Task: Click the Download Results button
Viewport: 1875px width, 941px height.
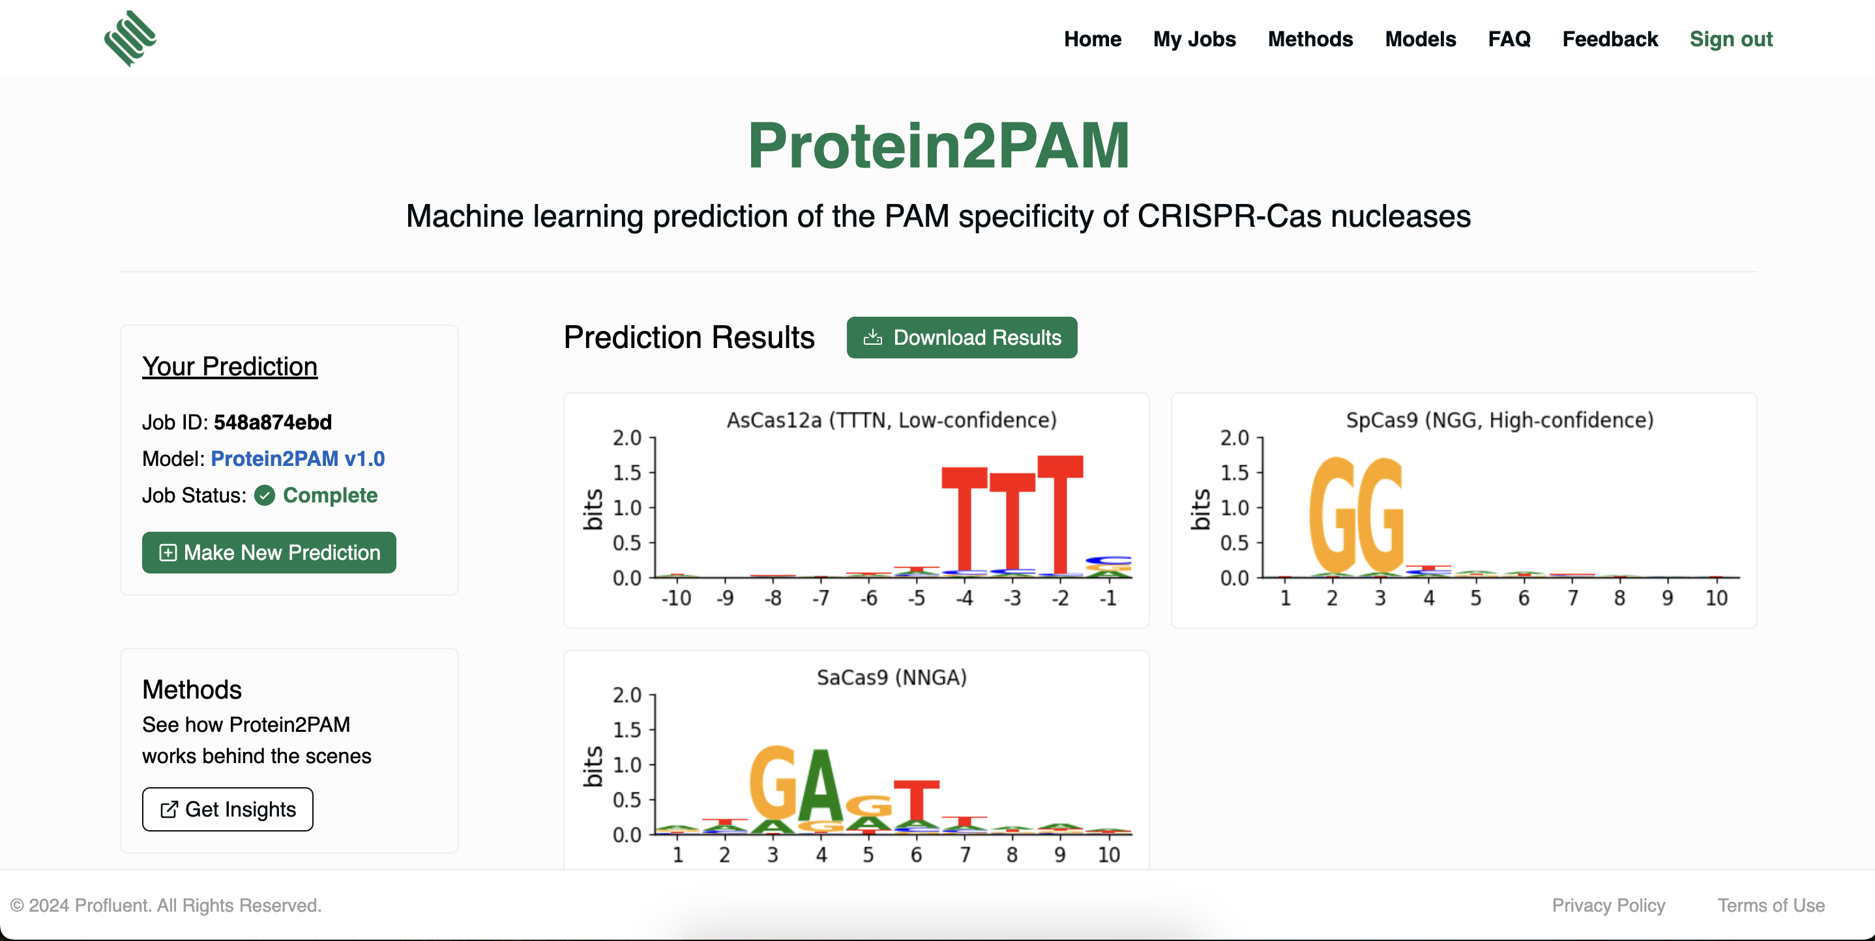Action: (x=962, y=338)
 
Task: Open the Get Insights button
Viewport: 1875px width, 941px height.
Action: (x=227, y=809)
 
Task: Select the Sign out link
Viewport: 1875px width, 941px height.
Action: (x=1730, y=38)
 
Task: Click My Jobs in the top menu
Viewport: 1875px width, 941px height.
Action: (x=1194, y=38)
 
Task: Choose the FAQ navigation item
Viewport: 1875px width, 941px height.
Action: (x=1508, y=38)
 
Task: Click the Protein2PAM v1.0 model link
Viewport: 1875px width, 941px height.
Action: (x=297, y=459)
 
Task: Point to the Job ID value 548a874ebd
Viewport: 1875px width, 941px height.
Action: (x=273, y=422)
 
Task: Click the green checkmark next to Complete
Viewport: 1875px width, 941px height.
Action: (x=264, y=496)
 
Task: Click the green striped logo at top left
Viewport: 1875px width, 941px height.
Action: (x=130, y=38)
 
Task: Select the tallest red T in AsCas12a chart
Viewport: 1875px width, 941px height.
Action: (x=1060, y=513)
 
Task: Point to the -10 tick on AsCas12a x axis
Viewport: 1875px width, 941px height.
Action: (x=675, y=598)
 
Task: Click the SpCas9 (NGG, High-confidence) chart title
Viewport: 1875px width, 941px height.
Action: (x=1499, y=420)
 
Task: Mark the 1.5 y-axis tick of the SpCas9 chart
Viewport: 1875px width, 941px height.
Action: (x=1235, y=473)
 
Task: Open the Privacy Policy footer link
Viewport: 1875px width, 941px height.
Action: (x=1608, y=905)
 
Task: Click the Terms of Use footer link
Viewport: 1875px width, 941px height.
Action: (x=1770, y=905)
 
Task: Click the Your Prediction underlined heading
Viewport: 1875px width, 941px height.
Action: (x=229, y=366)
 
